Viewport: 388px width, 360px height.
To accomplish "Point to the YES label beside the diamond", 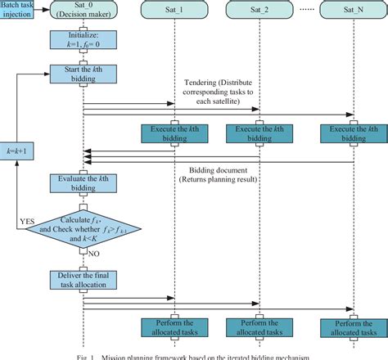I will pos(26,221).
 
